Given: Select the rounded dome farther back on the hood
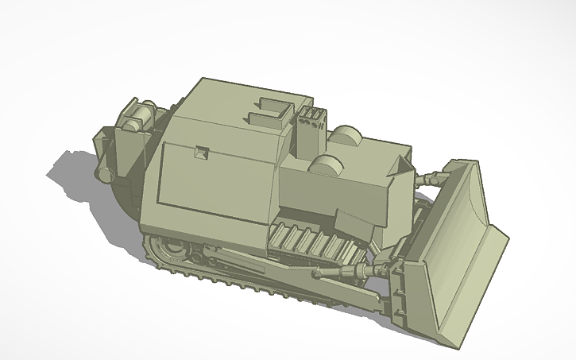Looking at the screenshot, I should (346, 136).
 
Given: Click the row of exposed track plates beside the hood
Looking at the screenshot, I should (310, 242).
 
